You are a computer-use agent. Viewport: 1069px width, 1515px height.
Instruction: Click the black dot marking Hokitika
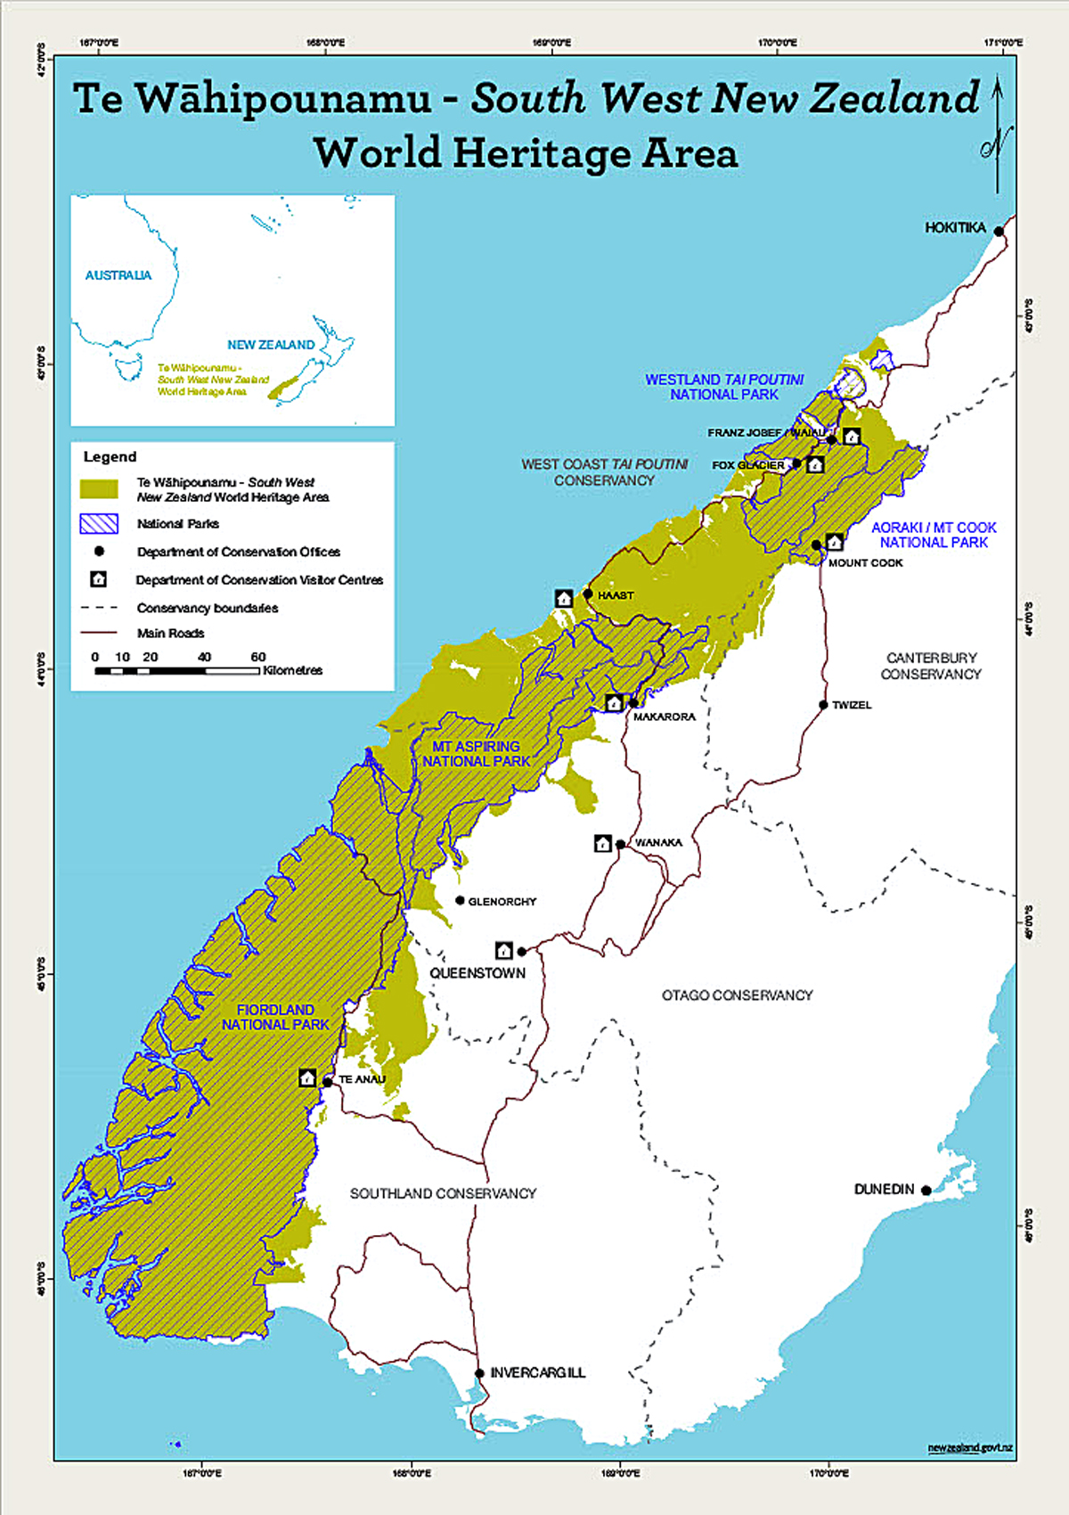pyautogui.click(x=999, y=232)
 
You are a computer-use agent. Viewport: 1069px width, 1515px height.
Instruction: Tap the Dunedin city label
pyautogui.click(x=884, y=1189)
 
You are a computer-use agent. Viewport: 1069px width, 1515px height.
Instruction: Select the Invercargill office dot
pyautogui.click(x=479, y=1373)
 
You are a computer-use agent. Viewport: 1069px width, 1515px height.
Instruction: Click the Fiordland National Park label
pyautogui.click(x=275, y=1017)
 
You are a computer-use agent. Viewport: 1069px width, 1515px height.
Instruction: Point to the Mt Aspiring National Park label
pyautogui.click(x=476, y=753)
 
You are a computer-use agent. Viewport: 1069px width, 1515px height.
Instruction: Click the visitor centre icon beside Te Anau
pyautogui.click(x=307, y=1078)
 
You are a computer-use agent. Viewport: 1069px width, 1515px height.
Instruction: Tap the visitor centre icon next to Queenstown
pyautogui.click(x=504, y=951)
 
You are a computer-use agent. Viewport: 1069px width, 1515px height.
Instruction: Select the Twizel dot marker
pyautogui.click(x=824, y=705)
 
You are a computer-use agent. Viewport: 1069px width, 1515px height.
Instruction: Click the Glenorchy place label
pyautogui.click(x=502, y=902)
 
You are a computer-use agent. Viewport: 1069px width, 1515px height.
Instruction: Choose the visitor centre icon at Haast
pyautogui.click(x=564, y=599)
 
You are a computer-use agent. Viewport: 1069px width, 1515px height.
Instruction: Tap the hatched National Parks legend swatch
pyautogui.click(x=99, y=523)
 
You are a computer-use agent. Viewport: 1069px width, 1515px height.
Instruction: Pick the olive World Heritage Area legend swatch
pyautogui.click(x=99, y=489)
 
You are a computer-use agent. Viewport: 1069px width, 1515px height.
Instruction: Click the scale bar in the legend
pyautogui.click(x=177, y=670)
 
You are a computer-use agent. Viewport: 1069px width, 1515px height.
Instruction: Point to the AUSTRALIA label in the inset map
pyautogui.click(x=118, y=275)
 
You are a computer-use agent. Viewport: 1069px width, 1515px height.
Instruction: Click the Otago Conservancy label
pyautogui.click(x=737, y=995)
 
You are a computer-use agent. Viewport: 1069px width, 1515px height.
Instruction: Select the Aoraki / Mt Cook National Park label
pyautogui.click(x=934, y=535)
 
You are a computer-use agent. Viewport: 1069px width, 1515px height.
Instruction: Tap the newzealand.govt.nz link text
pyautogui.click(x=969, y=1448)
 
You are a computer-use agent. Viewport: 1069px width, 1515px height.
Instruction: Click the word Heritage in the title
pyautogui.click(x=543, y=153)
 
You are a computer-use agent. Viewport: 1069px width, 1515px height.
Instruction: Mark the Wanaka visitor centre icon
pyautogui.click(x=603, y=843)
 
